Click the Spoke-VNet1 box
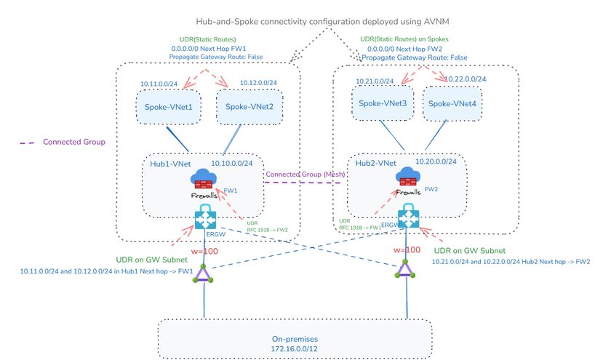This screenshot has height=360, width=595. click(168, 107)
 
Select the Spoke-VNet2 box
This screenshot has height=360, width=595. click(249, 107)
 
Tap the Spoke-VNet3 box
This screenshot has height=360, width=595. click(383, 103)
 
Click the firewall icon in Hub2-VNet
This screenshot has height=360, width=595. click(407, 177)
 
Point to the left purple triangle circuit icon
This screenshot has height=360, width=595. click(204, 273)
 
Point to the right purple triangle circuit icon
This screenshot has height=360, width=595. click(405, 271)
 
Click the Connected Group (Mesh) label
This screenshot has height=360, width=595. click(305, 175)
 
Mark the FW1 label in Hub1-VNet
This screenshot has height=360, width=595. click(231, 191)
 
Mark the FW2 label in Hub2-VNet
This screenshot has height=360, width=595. click(431, 189)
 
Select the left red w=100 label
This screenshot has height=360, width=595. click(204, 252)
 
